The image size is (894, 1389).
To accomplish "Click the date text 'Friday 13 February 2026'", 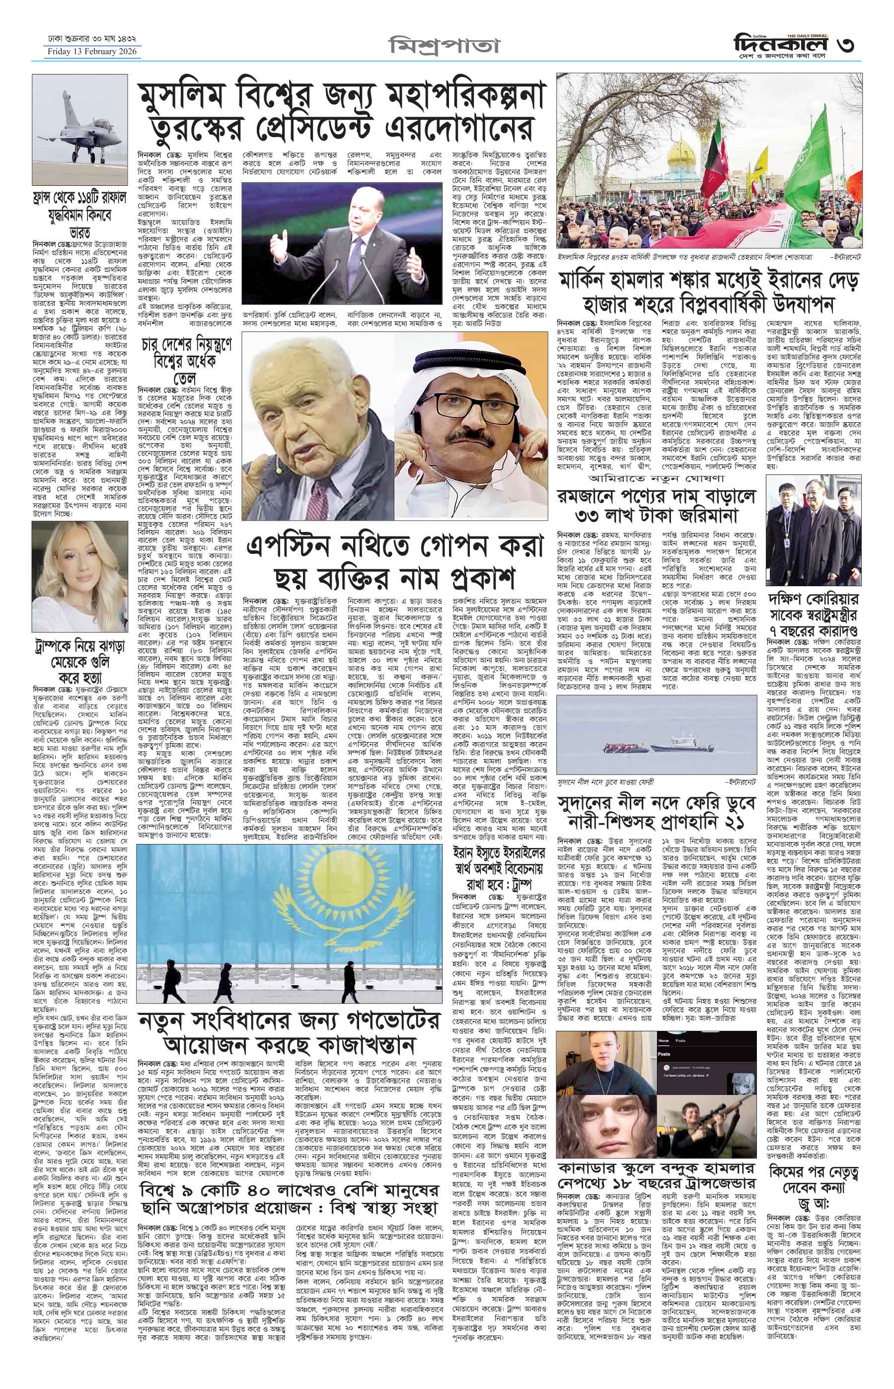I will pos(93,52).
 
